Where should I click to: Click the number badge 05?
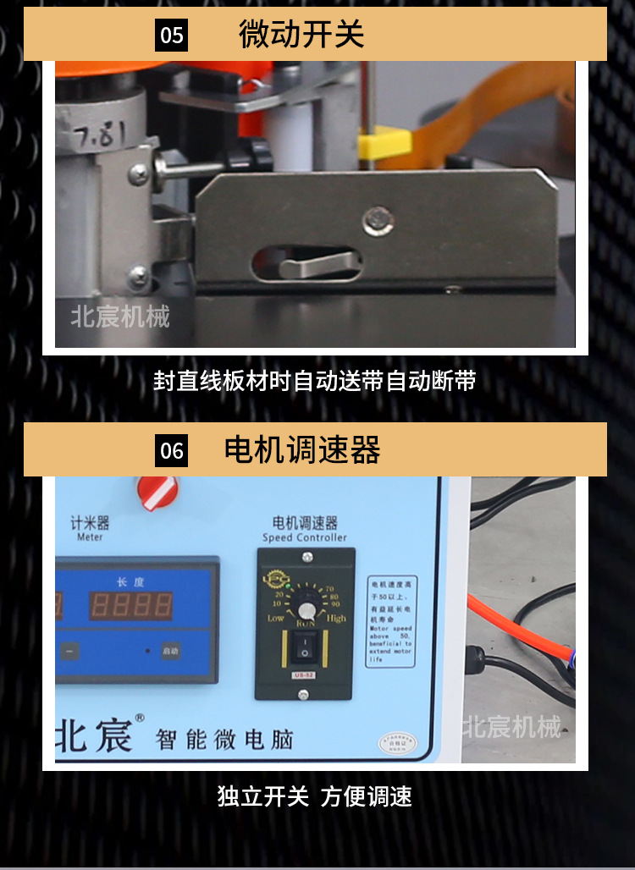coord(172,35)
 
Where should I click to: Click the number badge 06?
coord(172,450)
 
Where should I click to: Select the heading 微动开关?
coord(301,34)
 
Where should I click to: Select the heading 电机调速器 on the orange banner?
coord(302,449)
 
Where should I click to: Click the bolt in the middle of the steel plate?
coord(378,222)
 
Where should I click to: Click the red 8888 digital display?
coord(131,605)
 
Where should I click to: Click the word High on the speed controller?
coord(336,619)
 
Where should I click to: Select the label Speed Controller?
coord(304,537)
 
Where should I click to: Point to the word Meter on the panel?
coord(90,537)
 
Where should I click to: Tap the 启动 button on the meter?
coord(170,651)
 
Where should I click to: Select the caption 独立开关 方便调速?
coord(314,796)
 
